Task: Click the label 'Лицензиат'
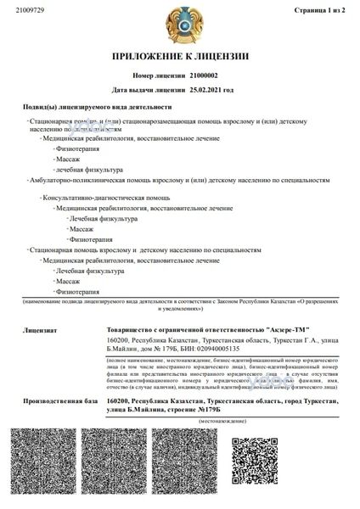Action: click(29, 329)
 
